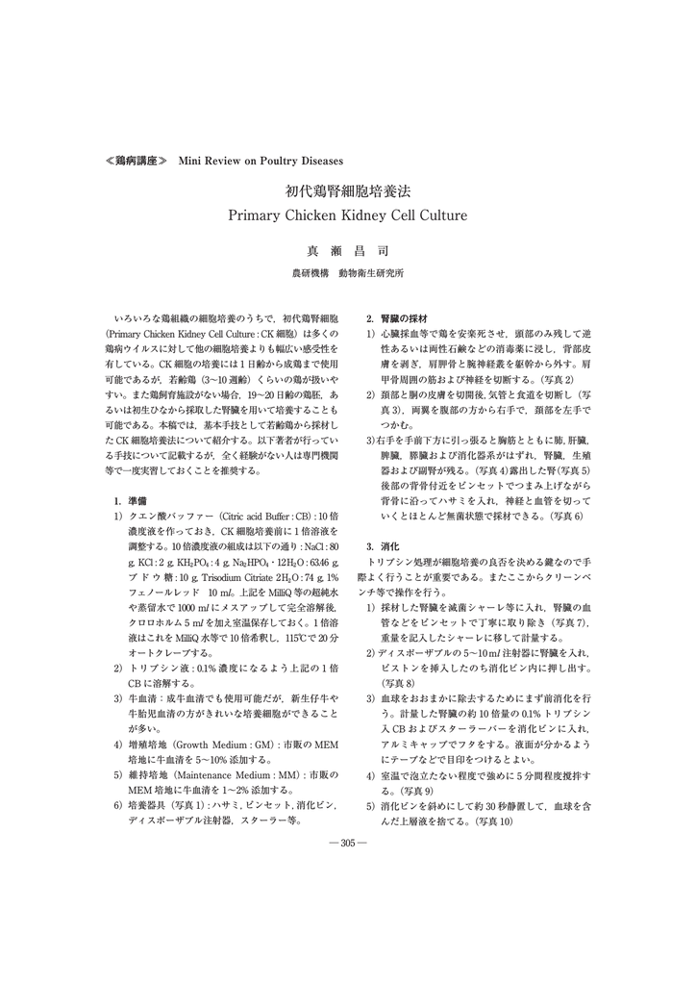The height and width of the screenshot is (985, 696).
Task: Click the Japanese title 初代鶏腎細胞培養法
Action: point(347,191)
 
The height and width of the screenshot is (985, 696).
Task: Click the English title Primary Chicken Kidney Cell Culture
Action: point(347,215)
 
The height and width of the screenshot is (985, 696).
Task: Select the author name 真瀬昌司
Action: point(347,251)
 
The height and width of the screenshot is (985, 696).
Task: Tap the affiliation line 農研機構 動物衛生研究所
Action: point(347,273)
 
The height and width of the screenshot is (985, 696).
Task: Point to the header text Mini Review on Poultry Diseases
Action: point(261,160)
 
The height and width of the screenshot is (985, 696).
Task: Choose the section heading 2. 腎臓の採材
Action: point(390,317)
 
